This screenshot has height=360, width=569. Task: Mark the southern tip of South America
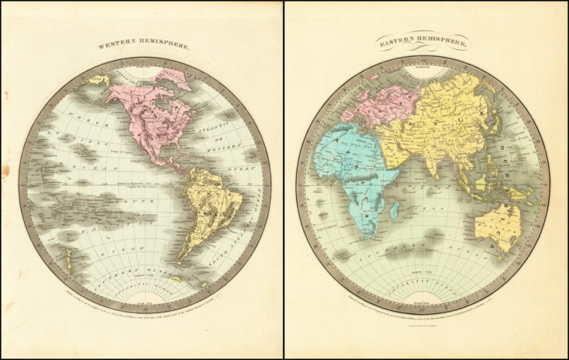point(181,259)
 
